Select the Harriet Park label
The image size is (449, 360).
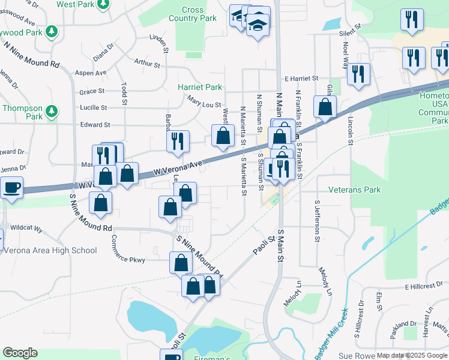point(200,87)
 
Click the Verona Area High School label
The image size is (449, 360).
point(50,250)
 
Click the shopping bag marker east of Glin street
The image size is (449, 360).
point(325,107)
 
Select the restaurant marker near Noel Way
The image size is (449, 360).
point(358,74)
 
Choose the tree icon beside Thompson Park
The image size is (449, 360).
point(52,111)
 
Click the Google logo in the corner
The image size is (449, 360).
point(20,353)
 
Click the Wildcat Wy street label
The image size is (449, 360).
point(26,228)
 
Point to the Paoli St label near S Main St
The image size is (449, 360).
point(264,245)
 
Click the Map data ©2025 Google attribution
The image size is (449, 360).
point(412,355)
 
